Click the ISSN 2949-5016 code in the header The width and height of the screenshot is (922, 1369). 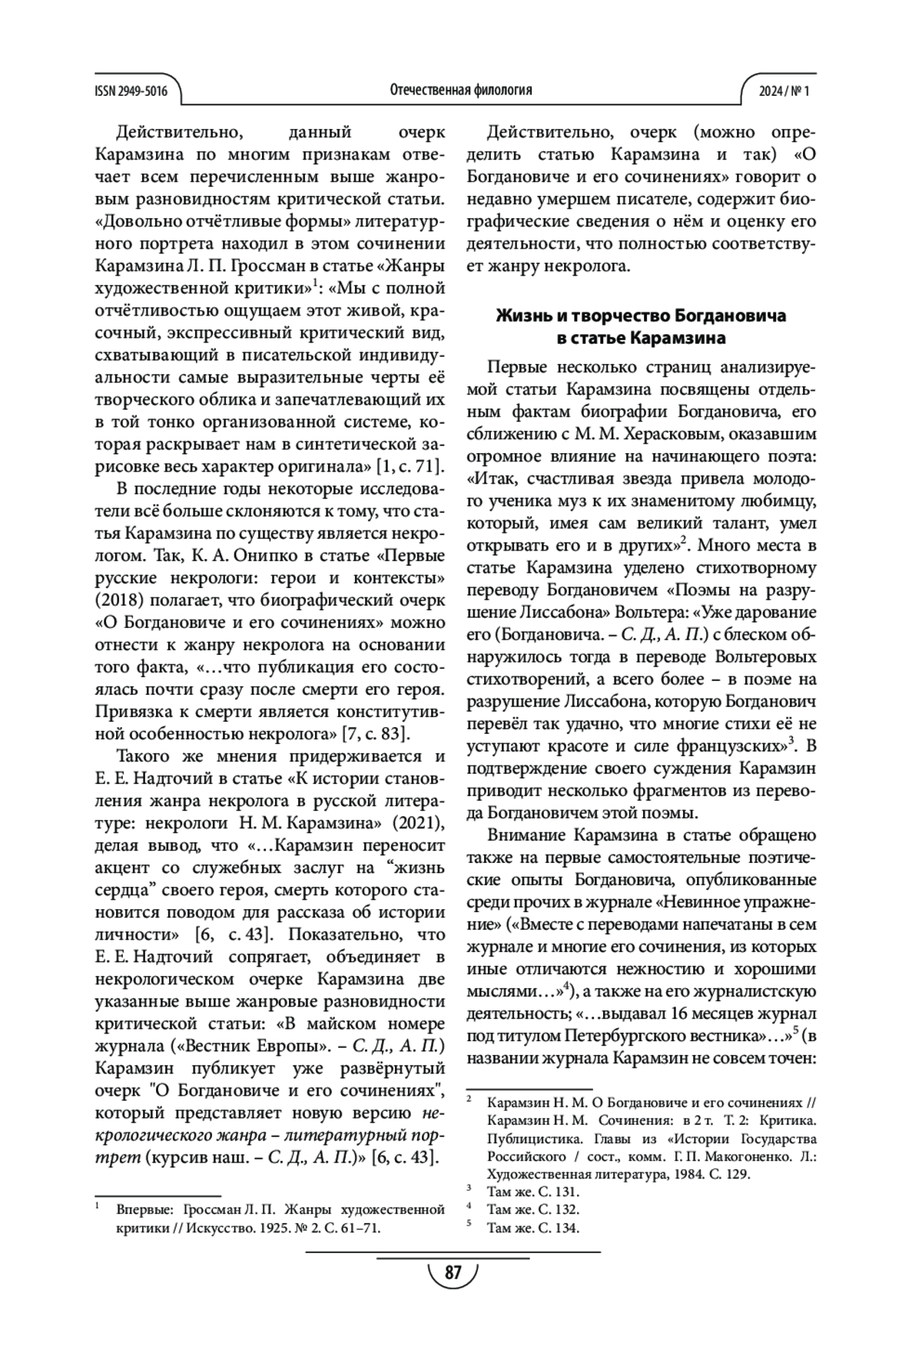coord(131,91)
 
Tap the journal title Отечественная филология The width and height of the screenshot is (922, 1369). coord(461,91)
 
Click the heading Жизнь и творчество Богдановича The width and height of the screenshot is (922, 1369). coord(641,316)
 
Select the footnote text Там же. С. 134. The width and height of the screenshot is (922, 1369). coord(533,1228)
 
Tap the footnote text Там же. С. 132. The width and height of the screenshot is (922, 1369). coord(533,1210)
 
